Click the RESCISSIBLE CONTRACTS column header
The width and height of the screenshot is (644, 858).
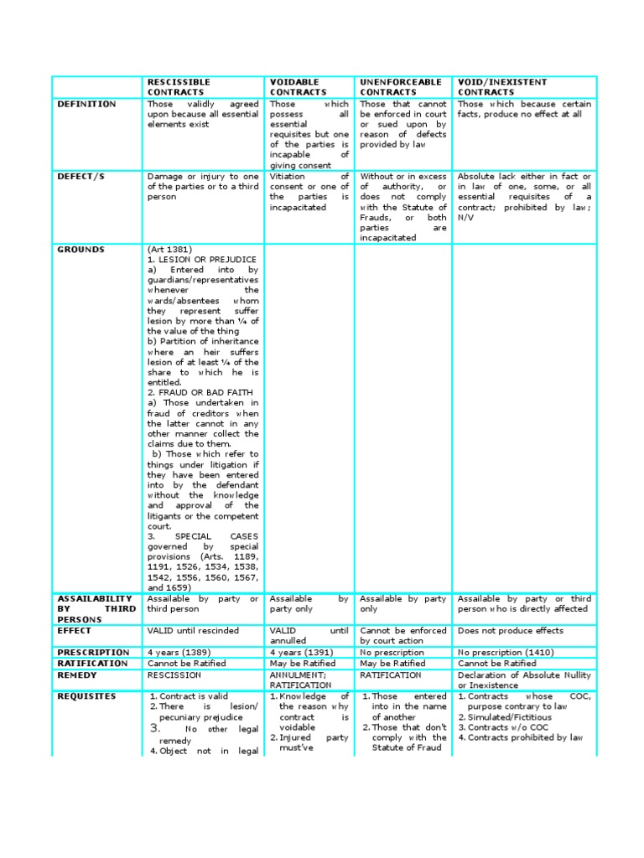pyautogui.click(x=179, y=87)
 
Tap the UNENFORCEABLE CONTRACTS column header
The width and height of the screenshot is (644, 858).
pyautogui.click(x=400, y=87)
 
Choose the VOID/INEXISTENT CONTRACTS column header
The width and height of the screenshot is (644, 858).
pyautogui.click(x=501, y=87)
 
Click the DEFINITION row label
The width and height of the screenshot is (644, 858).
pyautogui.click(x=86, y=104)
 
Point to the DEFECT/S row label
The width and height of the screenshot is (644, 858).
pyautogui.click(x=81, y=177)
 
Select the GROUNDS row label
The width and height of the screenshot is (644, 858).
pyautogui.click(x=80, y=250)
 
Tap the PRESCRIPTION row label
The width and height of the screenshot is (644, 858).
pyautogui.click(x=93, y=652)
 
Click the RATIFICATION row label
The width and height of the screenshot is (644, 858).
pyautogui.click(x=92, y=663)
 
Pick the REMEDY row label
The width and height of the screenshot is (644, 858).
pyautogui.click(x=77, y=675)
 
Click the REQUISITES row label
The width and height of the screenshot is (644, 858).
pyautogui.click(x=86, y=696)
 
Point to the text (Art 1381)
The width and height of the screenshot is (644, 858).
pyautogui.click(x=169, y=250)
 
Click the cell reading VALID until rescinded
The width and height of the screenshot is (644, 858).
pyautogui.click(x=193, y=630)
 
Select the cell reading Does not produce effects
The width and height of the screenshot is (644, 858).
pyautogui.click(x=510, y=630)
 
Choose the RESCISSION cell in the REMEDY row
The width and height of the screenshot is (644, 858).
pyautogui.click(x=174, y=675)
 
